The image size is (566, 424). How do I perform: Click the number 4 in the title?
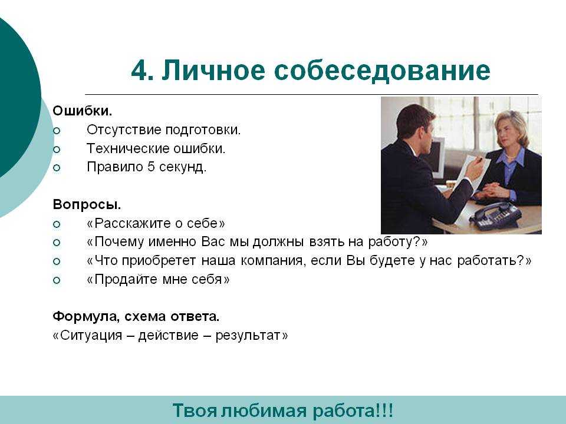(x=141, y=70)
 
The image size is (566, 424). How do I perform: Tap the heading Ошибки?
(x=83, y=110)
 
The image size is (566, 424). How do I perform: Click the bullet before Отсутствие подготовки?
(x=57, y=131)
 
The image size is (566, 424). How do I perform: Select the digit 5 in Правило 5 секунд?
(x=151, y=167)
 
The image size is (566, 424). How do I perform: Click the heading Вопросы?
(x=87, y=204)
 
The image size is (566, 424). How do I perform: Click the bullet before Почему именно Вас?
(x=57, y=243)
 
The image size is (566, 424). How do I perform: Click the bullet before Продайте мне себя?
(x=57, y=280)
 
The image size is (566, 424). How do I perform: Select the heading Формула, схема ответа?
(x=136, y=317)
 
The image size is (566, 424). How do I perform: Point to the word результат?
(x=248, y=336)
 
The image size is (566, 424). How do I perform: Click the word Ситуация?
(x=91, y=335)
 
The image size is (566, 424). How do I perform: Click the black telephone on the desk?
(x=496, y=216)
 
